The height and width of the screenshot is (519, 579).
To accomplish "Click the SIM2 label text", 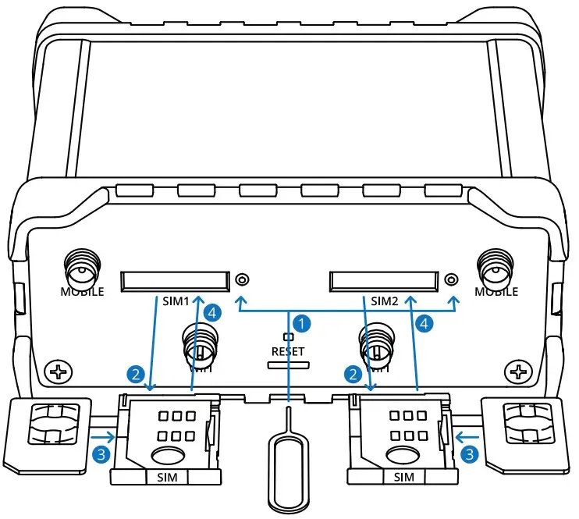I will coord(384,300).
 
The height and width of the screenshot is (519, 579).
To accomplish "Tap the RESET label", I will coord(288,351).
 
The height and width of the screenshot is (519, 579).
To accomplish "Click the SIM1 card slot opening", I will coord(175,280).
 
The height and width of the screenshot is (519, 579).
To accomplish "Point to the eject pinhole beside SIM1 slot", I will coord(242,279).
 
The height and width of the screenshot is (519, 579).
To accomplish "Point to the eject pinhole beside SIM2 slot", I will coord(450,279).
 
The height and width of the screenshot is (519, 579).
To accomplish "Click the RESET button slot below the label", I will coord(289,364).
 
